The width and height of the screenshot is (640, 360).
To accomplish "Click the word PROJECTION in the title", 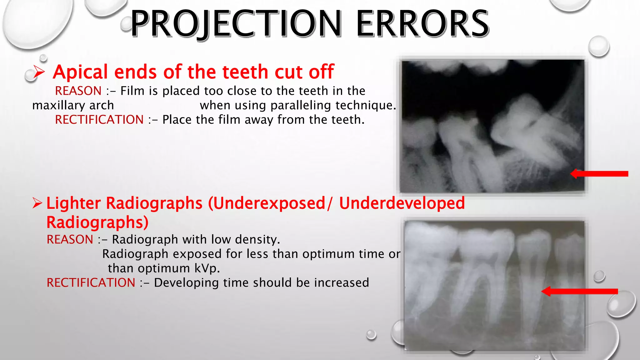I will pos(236,24).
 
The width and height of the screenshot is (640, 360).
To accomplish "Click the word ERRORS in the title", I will pos(422,24).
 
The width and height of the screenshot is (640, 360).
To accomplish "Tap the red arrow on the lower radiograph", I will pos(579,291).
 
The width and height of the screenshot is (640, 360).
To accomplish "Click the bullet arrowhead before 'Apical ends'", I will pos(39,72).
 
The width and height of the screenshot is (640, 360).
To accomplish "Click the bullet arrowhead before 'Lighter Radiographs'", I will pos(37,203).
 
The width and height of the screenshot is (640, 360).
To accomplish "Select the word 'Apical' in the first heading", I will pos(81,72).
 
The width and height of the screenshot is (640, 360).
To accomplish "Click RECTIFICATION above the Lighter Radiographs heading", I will pos(99,120).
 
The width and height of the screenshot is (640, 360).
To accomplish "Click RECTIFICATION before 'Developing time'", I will pos(91,283).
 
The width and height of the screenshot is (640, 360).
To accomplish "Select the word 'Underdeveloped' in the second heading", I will pos(402,203).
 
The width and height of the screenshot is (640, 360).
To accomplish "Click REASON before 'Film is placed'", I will pos(78,91).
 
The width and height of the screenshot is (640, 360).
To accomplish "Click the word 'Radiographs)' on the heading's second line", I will pos(97,222).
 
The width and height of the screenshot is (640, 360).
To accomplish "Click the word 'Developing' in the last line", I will pos(186,283).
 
